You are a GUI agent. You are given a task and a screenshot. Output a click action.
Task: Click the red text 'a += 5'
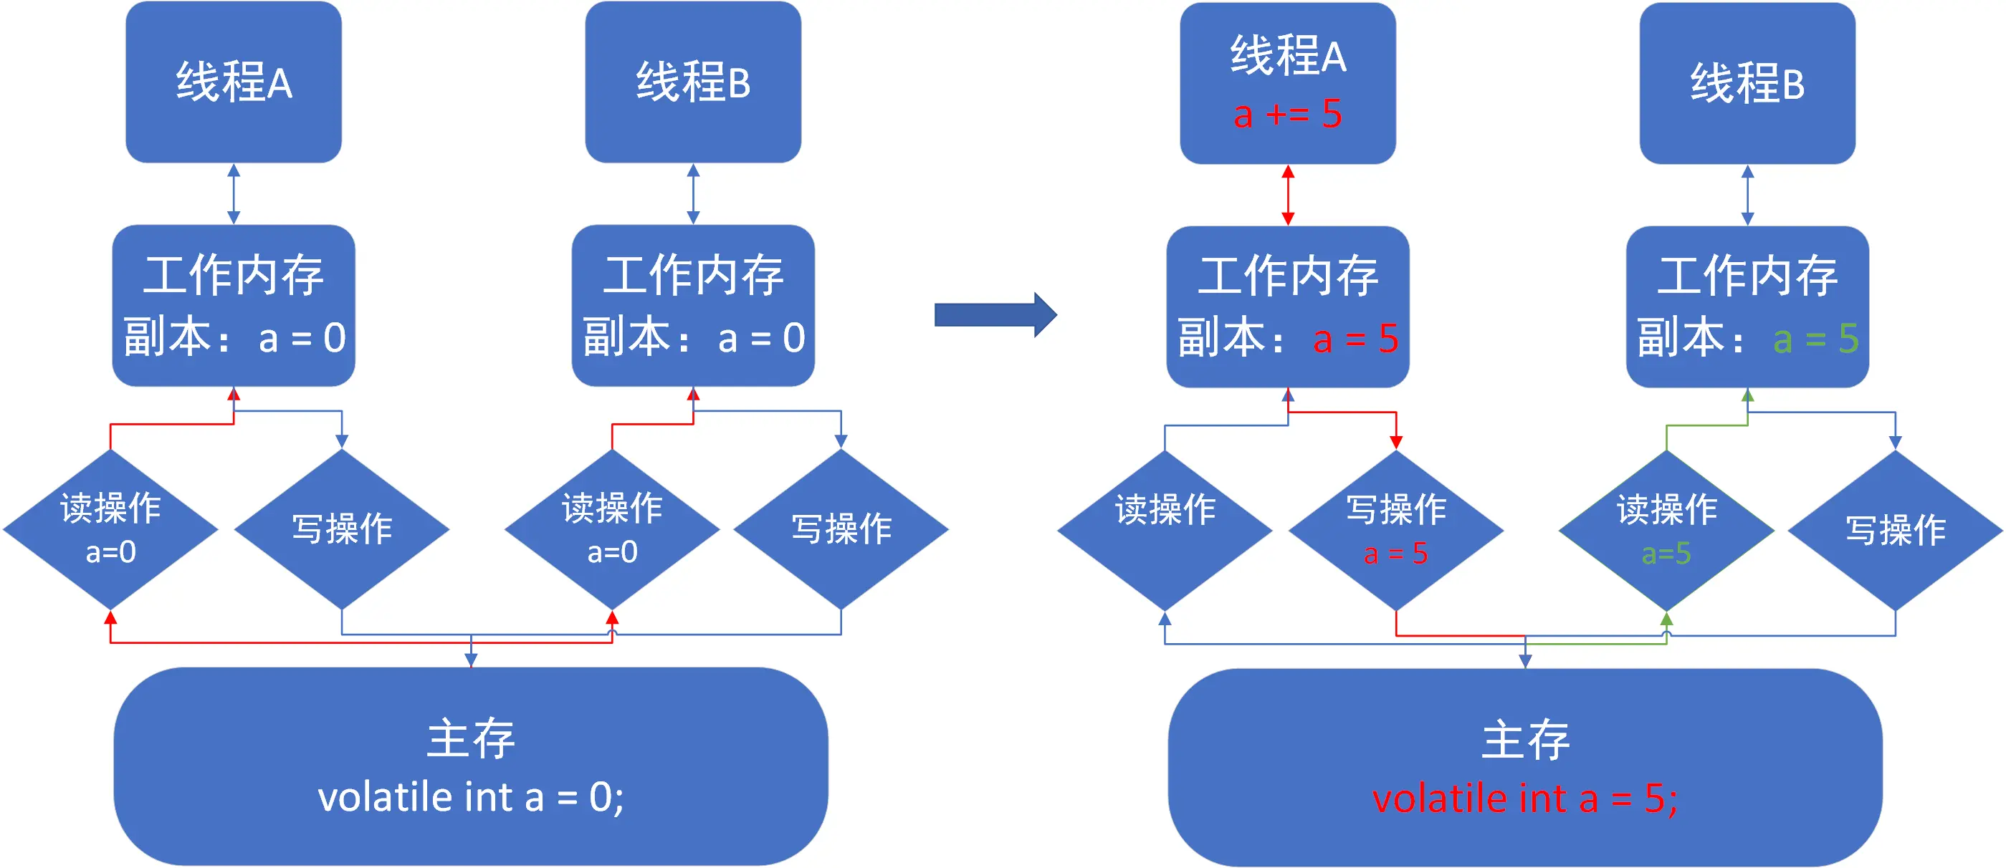(x=1287, y=115)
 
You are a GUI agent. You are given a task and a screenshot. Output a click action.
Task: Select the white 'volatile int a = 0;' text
(x=470, y=796)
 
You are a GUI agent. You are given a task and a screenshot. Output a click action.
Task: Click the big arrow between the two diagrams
(x=995, y=314)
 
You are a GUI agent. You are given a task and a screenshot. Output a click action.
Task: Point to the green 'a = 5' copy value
(x=1815, y=339)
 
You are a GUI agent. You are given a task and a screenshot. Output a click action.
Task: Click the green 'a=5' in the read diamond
(x=1666, y=554)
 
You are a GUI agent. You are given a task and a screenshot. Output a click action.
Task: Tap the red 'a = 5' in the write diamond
(x=1395, y=554)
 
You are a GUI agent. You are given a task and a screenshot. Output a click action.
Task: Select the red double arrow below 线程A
(x=1288, y=195)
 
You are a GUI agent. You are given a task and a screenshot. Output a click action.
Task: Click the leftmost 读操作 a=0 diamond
(x=110, y=529)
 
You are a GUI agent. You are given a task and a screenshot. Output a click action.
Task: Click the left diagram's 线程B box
(x=693, y=82)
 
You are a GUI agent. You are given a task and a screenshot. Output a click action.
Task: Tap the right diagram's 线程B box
(x=1747, y=83)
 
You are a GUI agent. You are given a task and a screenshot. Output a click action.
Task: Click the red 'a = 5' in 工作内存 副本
(x=1355, y=339)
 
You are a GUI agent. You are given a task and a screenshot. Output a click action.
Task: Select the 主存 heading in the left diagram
(x=470, y=738)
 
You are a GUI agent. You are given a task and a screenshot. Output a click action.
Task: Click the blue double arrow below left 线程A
(x=234, y=194)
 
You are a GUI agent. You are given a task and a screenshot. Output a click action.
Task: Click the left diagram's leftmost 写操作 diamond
(x=342, y=529)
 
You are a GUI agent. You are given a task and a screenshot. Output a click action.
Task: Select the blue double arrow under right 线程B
(x=1747, y=195)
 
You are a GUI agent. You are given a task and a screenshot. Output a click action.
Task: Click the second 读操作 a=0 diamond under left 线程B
(x=612, y=529)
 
